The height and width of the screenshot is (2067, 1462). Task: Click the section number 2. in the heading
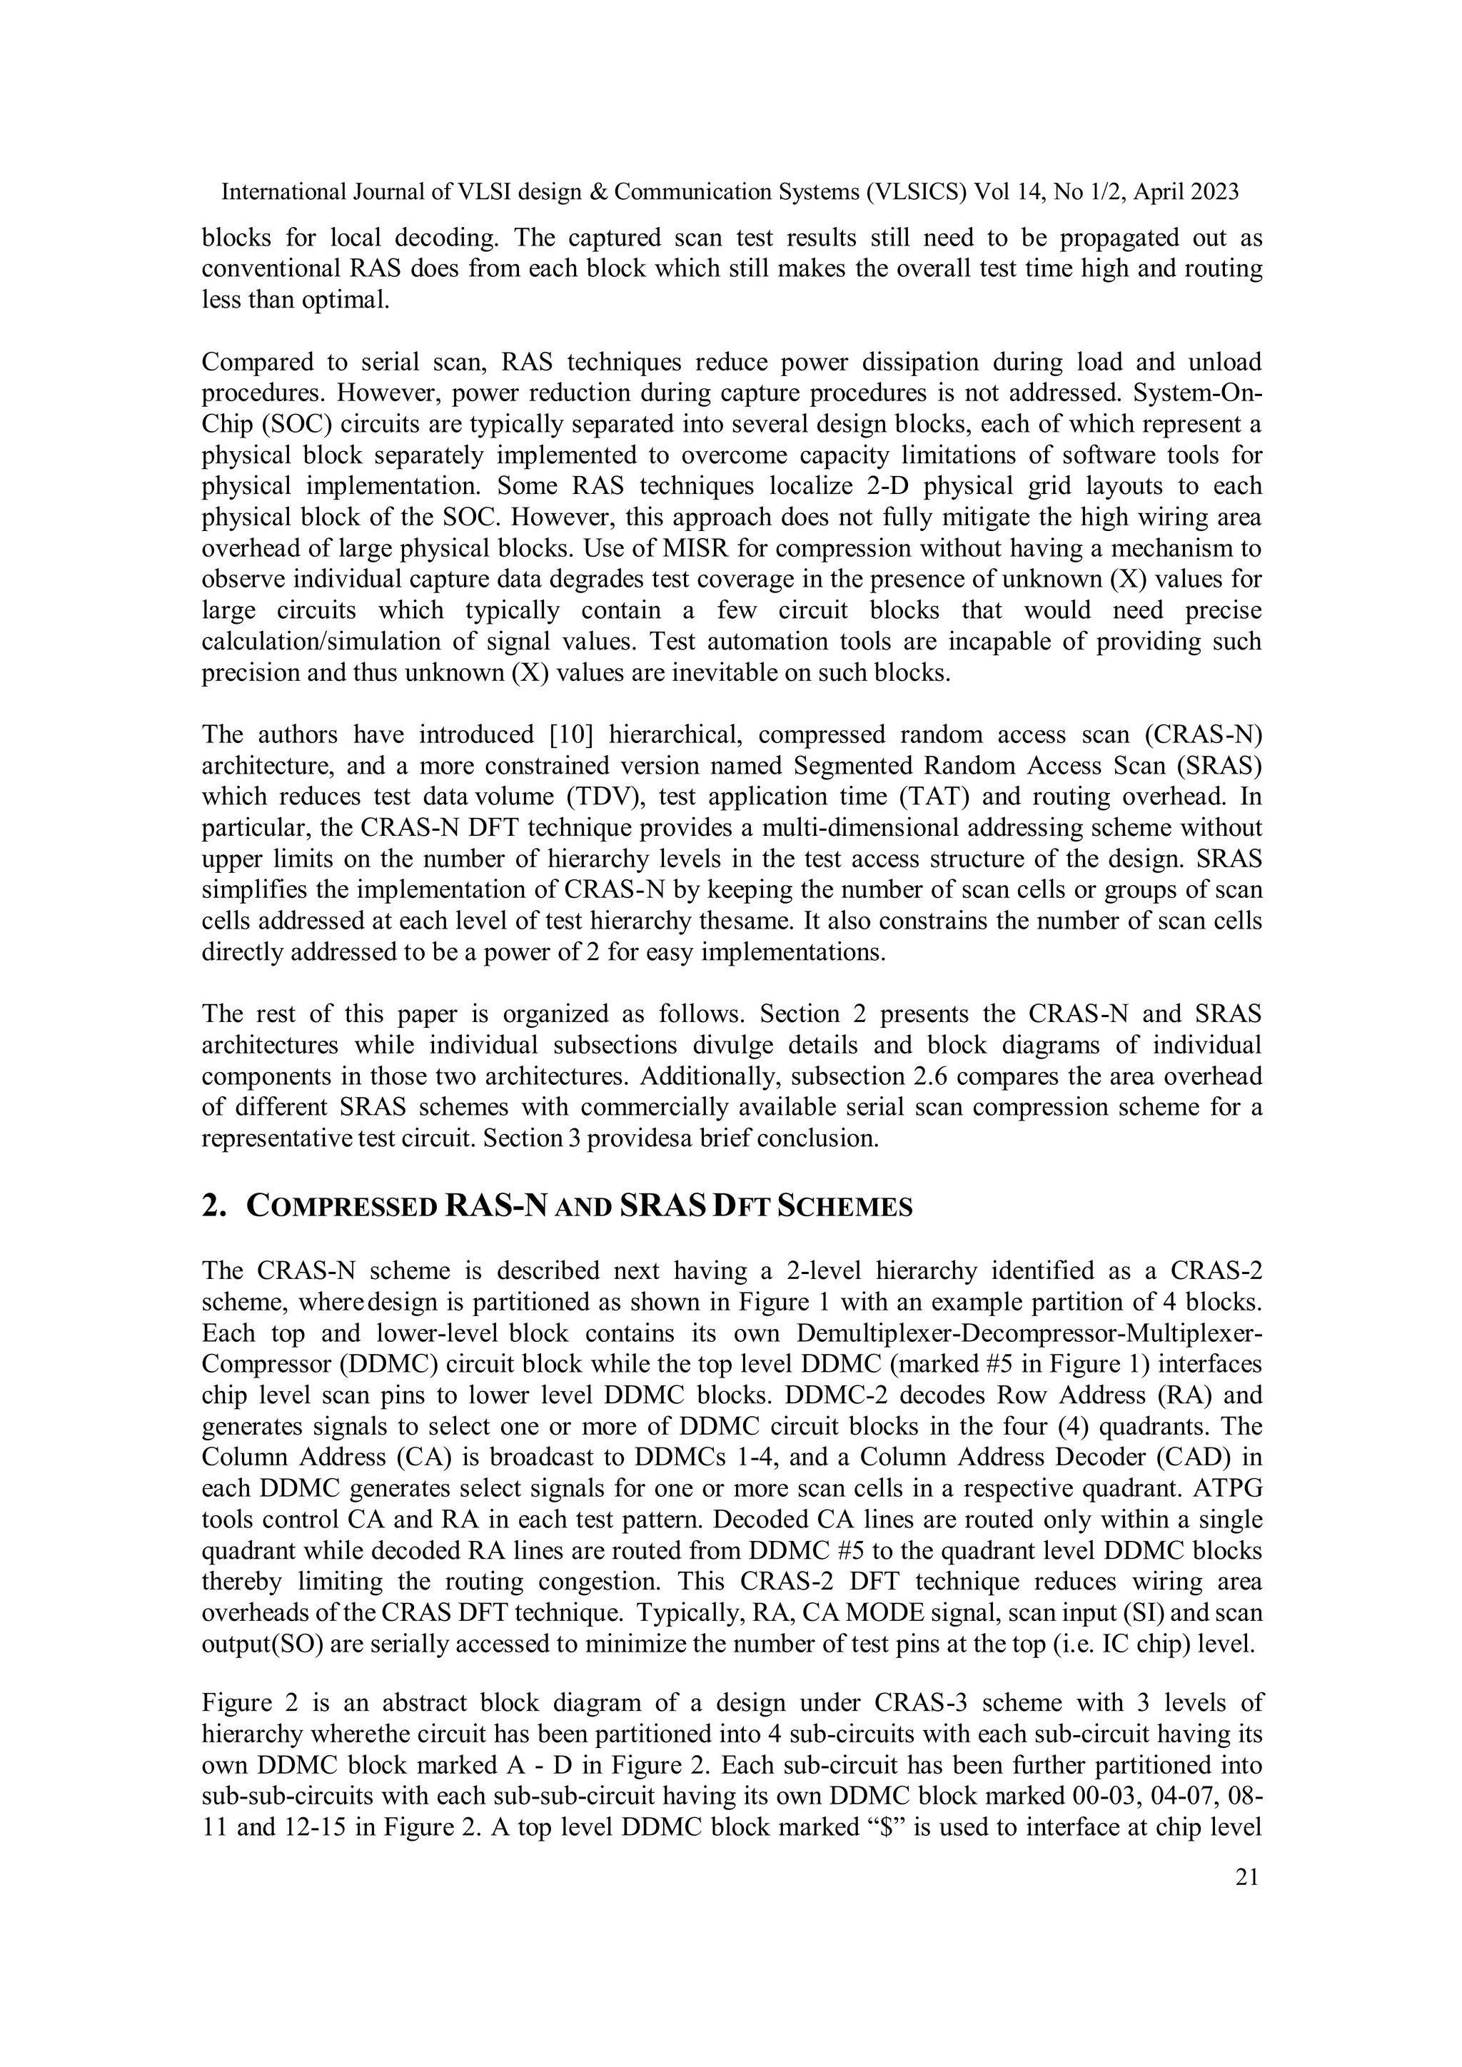click(x=213, y=1206)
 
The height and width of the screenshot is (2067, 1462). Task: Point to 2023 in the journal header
click(x=1211, y=193)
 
